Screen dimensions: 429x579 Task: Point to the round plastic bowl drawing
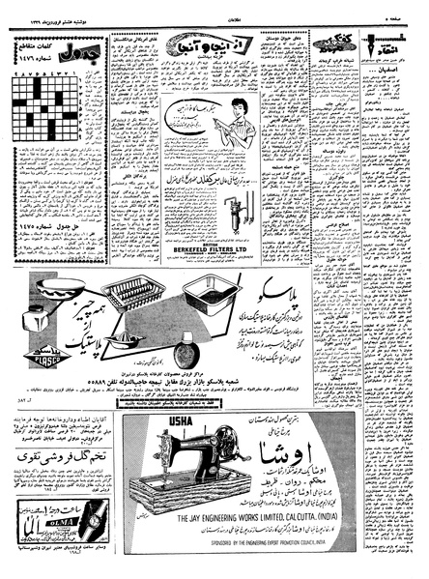click(x=58, y=287)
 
